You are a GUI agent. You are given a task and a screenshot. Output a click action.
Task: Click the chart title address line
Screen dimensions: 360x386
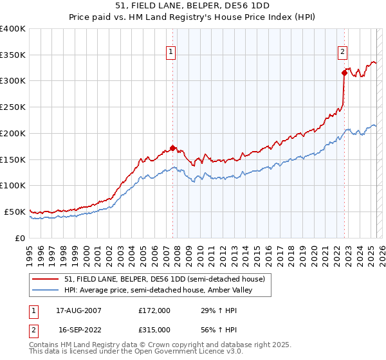tap(192, 6)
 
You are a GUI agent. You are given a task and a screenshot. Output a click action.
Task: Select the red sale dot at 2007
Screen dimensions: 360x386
tap(172, 147)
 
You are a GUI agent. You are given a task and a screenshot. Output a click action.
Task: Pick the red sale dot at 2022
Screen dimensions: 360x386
tap(344, 73)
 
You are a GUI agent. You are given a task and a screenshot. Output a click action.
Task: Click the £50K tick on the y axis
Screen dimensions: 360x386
tap(15, 212)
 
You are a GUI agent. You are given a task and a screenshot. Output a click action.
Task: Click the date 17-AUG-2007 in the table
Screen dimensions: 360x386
tap(78, 310)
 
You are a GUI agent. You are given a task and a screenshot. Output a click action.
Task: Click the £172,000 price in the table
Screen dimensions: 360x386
tap(154, 310)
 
